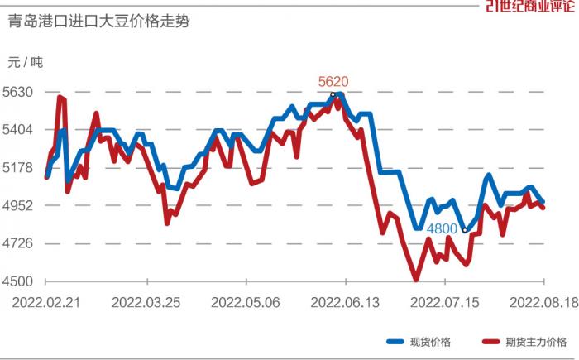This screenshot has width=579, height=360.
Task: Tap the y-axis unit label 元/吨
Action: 26,63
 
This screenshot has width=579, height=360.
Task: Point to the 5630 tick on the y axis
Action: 18,92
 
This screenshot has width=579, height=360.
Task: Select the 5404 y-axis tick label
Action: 18,130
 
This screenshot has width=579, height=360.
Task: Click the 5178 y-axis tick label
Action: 18,168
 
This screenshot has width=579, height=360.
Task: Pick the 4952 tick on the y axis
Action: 18,206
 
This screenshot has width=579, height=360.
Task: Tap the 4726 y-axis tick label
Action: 18,243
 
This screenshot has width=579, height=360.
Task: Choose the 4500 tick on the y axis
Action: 18,281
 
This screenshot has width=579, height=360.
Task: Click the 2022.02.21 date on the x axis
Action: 46,303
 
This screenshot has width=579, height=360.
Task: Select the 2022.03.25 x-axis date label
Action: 146,303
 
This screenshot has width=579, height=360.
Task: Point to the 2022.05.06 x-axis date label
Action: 245,303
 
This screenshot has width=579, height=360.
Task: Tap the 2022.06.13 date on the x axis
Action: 344,303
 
